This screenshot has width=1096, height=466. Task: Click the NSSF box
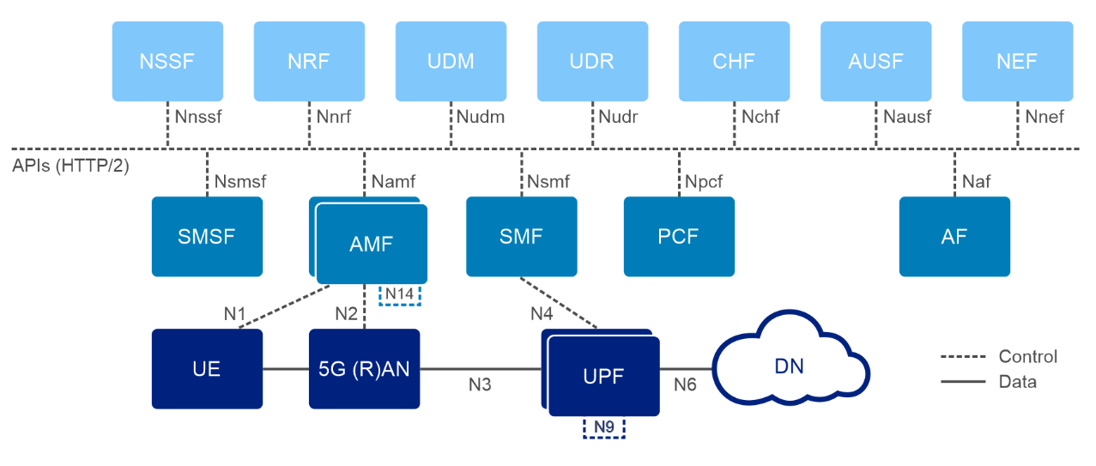click(167, 61)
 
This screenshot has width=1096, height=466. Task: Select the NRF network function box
click(309, 61)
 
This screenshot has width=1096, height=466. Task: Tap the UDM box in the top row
click(451, 61)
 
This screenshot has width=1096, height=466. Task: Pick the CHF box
click(734, 61)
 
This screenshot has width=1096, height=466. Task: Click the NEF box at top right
click(1017, 61)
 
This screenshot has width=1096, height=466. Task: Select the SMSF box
click(207, 237)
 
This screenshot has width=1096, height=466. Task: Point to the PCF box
click(679, 237)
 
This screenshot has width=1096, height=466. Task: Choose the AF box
click(954, 237)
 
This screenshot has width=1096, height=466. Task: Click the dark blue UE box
click(207, 369)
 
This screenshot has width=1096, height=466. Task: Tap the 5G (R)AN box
click(365, 369)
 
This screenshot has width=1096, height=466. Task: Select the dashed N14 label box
click(400, 294)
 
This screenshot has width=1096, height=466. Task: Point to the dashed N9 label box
click(603, 427)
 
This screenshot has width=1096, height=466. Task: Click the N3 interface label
click(480, 385)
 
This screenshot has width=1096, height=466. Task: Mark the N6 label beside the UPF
click(685, 385)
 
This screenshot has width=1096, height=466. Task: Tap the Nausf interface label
click(906, 117)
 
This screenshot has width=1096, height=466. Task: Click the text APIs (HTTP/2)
click(70, 166)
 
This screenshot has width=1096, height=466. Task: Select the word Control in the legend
click(1027, 356)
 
